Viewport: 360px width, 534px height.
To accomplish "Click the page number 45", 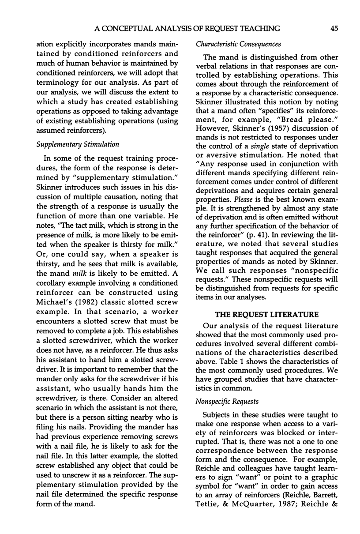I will pos(334,29).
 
